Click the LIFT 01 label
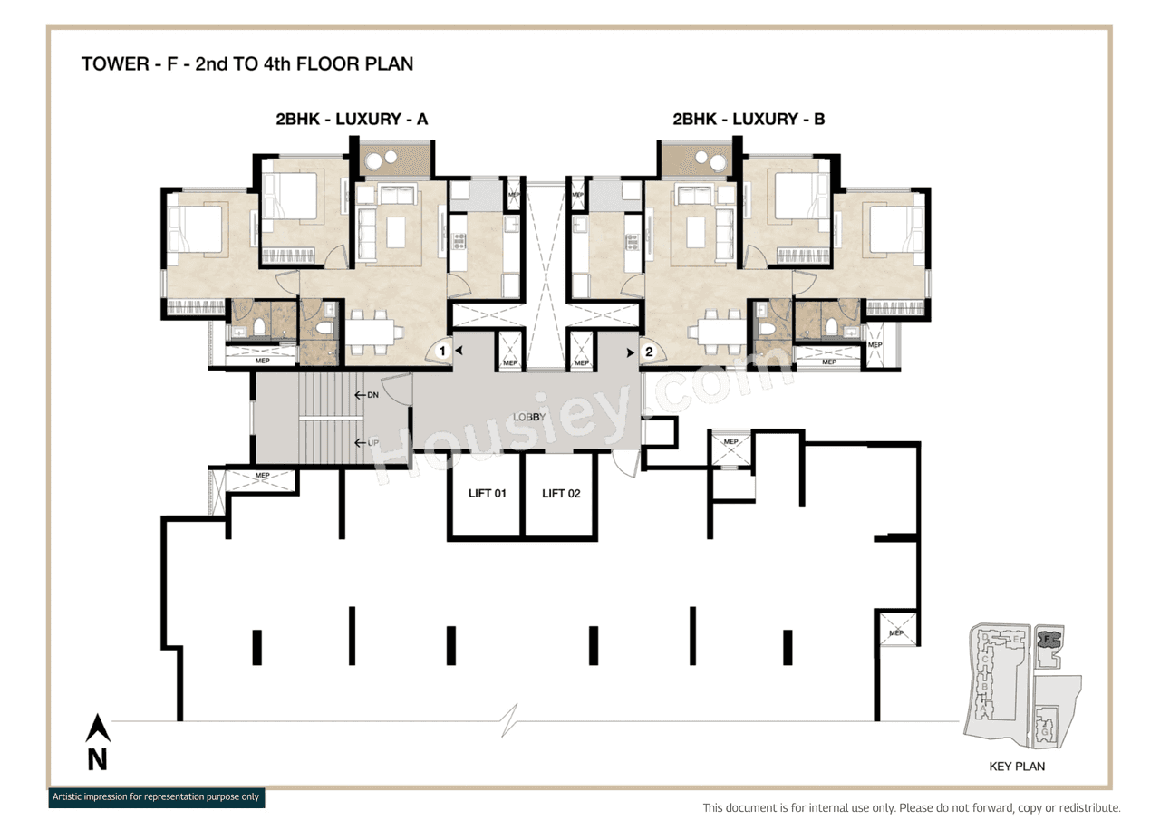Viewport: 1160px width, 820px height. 486,494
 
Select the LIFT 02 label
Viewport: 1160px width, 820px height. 561,494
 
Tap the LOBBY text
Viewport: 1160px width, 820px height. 529,418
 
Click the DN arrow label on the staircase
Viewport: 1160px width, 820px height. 367,395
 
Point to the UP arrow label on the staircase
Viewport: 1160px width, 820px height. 367,443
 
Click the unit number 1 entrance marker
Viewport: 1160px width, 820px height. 442,350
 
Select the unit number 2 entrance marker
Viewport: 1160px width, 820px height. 649,351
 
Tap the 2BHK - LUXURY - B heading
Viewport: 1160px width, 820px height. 748,119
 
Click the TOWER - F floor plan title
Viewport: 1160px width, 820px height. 246,64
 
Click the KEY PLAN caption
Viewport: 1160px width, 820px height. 1017,767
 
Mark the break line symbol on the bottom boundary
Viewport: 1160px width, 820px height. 513,721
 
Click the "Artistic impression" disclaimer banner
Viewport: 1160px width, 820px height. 156,797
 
